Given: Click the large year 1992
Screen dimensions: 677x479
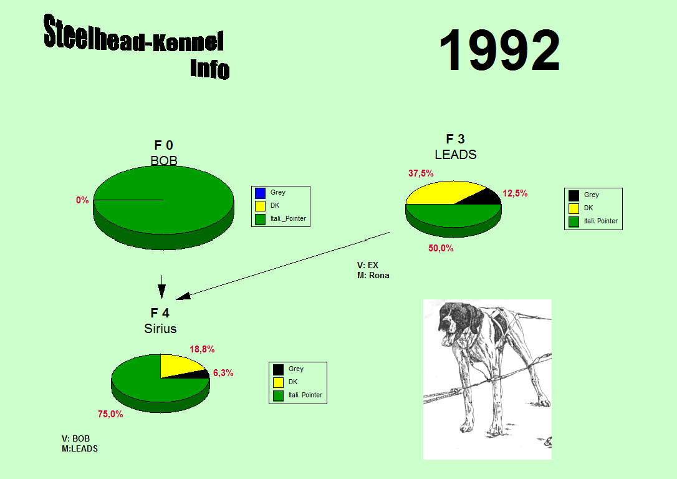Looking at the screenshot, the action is (499, 50).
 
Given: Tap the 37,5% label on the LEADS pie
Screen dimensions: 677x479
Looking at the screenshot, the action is (421, 173).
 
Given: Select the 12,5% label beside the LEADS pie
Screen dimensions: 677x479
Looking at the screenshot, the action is (515, 193).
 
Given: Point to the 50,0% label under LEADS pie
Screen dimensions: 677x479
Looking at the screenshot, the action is (441, 248).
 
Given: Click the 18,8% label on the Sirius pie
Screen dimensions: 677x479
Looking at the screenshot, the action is (202, 349).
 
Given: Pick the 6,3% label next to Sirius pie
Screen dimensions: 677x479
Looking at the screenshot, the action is (223, 373).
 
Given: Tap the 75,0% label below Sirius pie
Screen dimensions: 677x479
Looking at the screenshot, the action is (110, 414).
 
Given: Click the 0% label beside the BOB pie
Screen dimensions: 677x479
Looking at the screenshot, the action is (82, 200).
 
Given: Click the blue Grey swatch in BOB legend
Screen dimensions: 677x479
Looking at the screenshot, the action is (260, 193).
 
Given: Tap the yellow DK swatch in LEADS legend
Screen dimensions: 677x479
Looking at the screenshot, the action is (574, 208).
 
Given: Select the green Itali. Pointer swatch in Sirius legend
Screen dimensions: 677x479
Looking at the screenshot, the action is (279, 395).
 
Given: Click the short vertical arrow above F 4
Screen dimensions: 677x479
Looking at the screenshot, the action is (161, 287).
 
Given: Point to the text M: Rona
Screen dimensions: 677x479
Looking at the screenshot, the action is (373, 275).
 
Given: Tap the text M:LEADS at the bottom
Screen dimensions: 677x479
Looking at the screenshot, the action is (80, 449).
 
